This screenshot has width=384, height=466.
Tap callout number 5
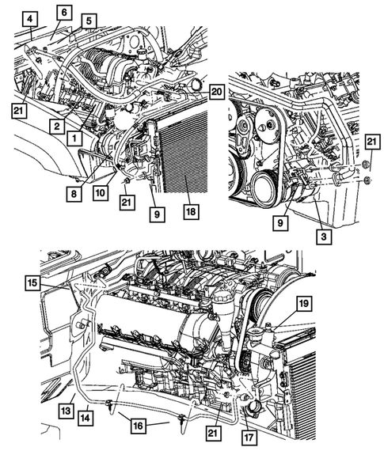[89, 21]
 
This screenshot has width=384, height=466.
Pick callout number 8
[74, 190]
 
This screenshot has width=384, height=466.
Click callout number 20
[216, 92]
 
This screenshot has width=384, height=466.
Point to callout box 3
[325, 236]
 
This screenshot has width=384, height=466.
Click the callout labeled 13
[65, 411]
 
